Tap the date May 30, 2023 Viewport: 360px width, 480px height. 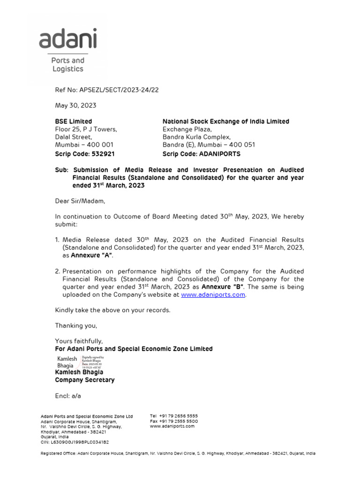(x=75, y=105)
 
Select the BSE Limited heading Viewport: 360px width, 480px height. (x=74, y=121)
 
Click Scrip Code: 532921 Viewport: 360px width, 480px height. (x=85, y=153)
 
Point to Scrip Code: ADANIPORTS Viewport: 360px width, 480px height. (x=201, y=153)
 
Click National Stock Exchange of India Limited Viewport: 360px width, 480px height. (x=225, y=121)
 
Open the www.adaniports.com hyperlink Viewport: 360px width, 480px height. (x=213, y=295)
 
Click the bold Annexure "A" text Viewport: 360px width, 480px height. (x=92, y=255)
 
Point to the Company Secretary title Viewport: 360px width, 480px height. (x=84, y=380)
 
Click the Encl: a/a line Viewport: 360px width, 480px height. (x=68, y=396)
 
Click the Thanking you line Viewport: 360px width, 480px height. (x=76, y=325)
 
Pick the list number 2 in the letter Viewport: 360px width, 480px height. (x=58, y=271)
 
